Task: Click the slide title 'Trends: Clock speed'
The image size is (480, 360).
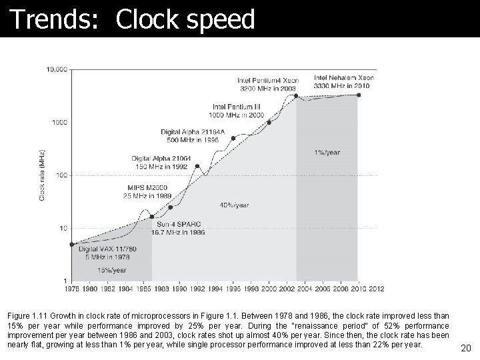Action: tap(131, 19)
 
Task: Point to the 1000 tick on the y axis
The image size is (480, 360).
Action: tap(59, 122)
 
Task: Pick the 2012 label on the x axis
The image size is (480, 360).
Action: tap(375, 289)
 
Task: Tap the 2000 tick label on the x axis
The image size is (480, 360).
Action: tap(269, 289)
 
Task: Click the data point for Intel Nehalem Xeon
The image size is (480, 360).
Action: tap(358, 95)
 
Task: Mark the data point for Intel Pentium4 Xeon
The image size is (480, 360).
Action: tap(295, 95)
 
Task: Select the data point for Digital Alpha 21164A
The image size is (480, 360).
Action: tap(233, 139)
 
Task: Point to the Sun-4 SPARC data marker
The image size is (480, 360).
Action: tap(152, 217)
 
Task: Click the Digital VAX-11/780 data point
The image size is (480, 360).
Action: tap(71, 244)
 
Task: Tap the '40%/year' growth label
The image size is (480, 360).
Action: tap(234, 205)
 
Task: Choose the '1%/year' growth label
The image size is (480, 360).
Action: tap(327, 153)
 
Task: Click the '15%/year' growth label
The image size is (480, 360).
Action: tap(112, 270)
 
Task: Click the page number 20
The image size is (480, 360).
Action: tap(465, 347)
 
